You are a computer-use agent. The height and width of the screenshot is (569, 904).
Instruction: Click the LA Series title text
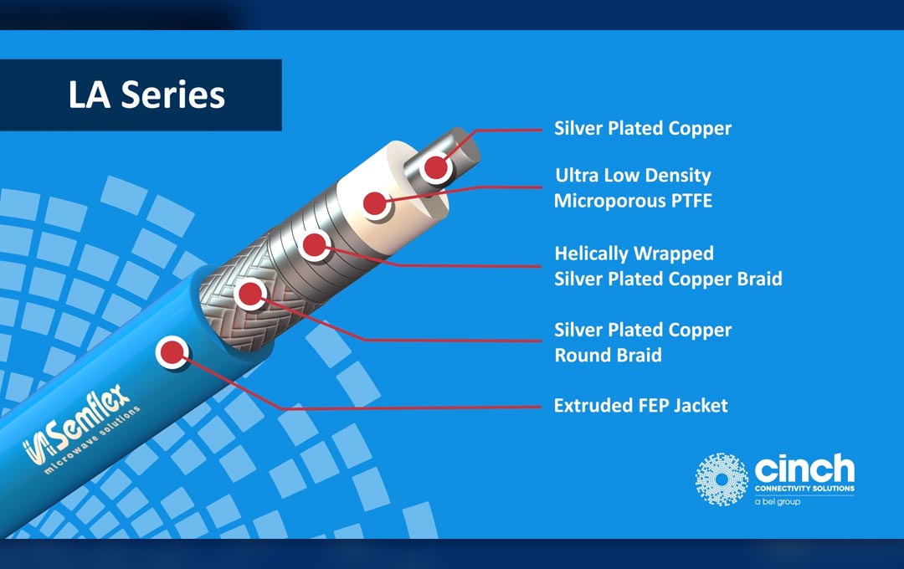tap(146, 95)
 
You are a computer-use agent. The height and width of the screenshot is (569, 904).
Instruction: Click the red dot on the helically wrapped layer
tap(314, 245)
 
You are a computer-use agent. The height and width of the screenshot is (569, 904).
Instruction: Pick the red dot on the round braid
tap(250, 294)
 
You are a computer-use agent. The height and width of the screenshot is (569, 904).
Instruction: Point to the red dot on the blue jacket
tap(172, 351)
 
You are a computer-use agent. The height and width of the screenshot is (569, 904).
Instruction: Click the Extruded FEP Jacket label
tap(640, 406)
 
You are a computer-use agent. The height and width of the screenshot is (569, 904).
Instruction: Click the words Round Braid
tap(608, 356)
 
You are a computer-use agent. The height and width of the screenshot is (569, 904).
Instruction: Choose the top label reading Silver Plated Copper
tap(642, 129)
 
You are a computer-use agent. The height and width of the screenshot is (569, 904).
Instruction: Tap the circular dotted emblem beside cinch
tap(721, 479)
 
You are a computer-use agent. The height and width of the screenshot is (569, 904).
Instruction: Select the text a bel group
tap(777, 502)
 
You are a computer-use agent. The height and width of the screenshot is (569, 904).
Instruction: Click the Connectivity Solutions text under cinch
tap(804, 488)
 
